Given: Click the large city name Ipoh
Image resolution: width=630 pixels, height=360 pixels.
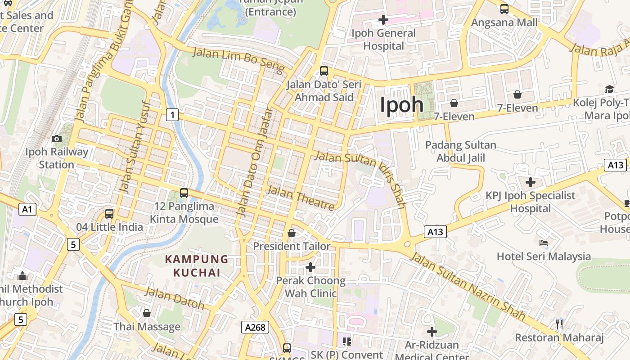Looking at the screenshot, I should coord(402,105).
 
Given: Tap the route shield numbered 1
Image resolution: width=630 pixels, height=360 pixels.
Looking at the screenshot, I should coord(172,115).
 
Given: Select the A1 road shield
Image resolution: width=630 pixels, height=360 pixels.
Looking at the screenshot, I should coord(27,209).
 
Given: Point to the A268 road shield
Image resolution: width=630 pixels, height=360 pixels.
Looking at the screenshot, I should coord(255,327).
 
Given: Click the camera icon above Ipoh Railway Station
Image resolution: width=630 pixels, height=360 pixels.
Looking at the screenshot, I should coord(57,139).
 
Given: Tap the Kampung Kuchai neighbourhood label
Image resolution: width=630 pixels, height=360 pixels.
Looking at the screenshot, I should coord(197,266).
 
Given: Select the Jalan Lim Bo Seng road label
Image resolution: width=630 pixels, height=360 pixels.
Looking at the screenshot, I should coord(239,60).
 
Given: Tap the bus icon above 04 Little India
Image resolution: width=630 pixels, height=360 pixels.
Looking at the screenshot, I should coord(109,213).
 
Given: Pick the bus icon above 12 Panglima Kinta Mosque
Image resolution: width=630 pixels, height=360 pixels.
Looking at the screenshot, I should coord(184,193).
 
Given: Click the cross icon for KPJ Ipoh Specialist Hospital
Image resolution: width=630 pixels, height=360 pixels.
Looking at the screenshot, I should coord(531,182).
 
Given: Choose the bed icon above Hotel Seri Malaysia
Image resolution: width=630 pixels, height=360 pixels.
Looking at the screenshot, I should coord(544,243).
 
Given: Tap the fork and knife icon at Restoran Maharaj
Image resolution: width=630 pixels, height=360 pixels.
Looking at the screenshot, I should coord(559,324).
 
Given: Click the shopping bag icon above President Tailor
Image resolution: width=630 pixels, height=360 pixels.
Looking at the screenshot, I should coord(292,233).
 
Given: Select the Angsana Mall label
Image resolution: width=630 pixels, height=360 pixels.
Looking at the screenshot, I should coord(504,22).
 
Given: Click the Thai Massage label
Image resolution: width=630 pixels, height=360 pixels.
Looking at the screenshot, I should coord(147,327).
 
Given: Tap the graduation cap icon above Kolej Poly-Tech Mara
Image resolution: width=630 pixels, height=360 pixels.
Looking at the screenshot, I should coord(609,89).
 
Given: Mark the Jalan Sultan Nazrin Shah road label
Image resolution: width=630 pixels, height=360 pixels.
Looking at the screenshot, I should coord(468,287).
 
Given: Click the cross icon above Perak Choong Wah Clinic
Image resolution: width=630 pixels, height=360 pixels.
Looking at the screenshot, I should coord(310,267).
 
